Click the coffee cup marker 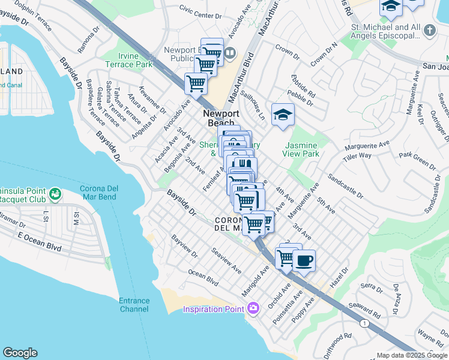pyautogui.click(x=304, y=260)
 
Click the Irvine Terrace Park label pyautogui.click(x=128, y=59)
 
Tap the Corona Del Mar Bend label pyautogui.click(x=99, y=193)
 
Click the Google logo pyautogui.click(x=20, y=353)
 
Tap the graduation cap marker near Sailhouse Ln pyautogui.click(x=283, y=114)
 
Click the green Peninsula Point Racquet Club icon pyautogui.click(x=55, y=194)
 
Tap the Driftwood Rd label pyautogui.click(x=339, y=345)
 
